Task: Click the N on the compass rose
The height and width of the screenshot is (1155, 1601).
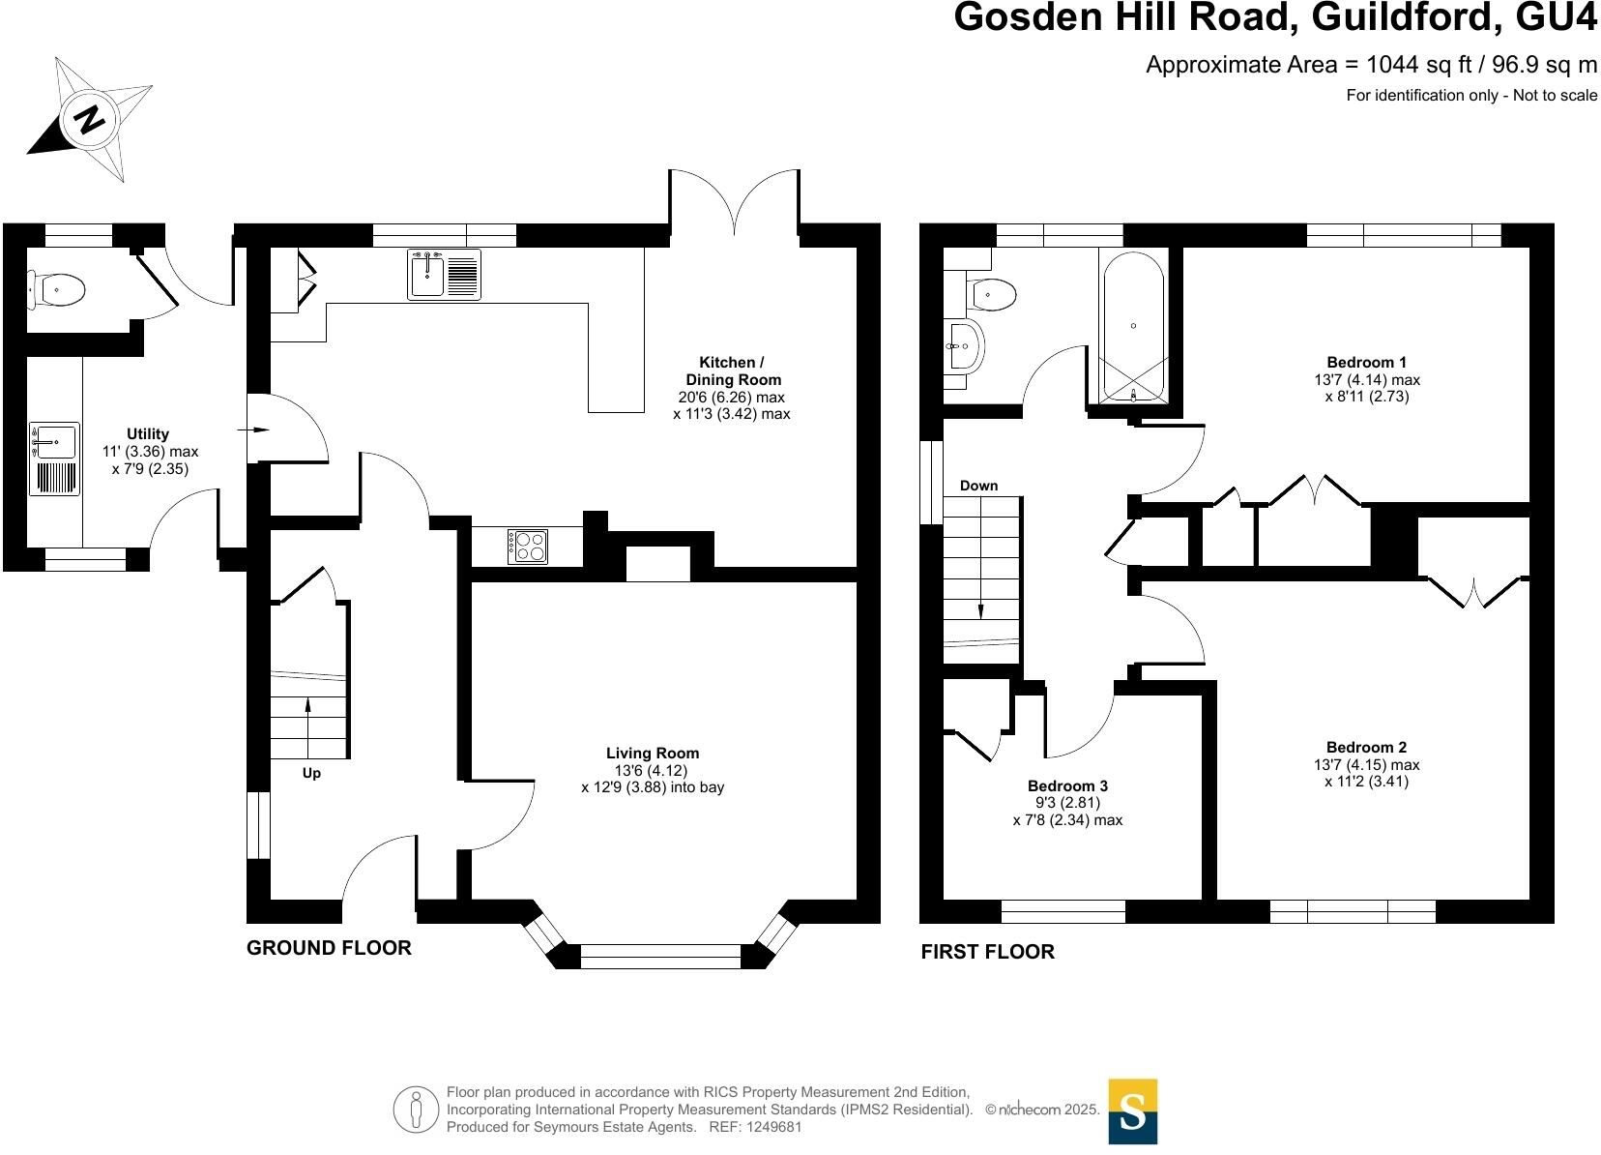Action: tap(90, 120)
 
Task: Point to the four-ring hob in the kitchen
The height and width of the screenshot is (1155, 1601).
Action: tap(527, 547)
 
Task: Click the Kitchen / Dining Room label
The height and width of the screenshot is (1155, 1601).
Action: tap(732, 371)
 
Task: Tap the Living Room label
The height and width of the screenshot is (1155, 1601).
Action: tap(653, 753)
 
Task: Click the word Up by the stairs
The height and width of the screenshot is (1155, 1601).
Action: tap(311, 773)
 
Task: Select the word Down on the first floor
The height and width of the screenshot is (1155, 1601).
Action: tap(978, 486)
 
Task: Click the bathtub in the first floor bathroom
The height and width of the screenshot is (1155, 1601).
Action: tap(1132, 326)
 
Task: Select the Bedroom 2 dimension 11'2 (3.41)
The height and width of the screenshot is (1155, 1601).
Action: tap(1366, 782)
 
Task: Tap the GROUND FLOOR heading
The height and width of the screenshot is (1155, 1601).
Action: tap(329, 948)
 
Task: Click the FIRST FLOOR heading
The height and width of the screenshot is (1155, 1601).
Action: tap(987, 952)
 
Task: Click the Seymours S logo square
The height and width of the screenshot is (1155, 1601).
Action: tap(1132, 1111)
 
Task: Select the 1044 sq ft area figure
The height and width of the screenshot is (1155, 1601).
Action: tap(1418, 65)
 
